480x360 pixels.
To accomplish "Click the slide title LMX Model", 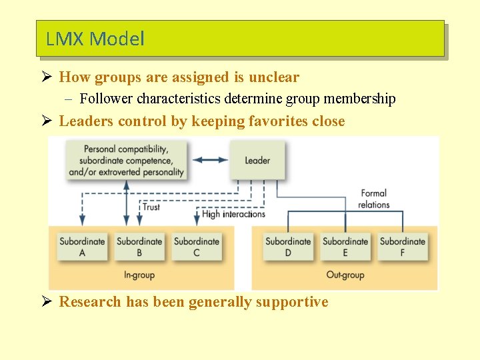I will pyautogui.click(x=95, y=39).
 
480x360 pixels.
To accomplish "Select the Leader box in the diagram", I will pyautogui.click(x=257, y=160).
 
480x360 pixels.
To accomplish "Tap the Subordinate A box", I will pyautogui.click(x=82, y=246).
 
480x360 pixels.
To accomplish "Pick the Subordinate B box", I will pyautogui.click(x=139, y=246).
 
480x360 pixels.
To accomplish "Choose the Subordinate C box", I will pyautogui.click(x=196, y=246).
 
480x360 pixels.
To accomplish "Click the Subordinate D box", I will pyautogui.click(x=288, y=246).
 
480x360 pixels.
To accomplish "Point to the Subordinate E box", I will pyautogui.click(x=345, y=246).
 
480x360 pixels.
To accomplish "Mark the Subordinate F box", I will pyautogui.click(x=403, y=246).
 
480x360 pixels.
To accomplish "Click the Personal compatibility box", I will pyautogui.click(x=126, y=160).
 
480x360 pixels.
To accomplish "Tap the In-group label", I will pyautogui.click(x=139, y=275).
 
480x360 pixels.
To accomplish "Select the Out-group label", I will pyautogui.click(x=345, y=275).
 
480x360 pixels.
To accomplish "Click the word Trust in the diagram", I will pyautogui.click(x=151, y=207).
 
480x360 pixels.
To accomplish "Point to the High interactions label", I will pyautogui.click(x=233, y=214).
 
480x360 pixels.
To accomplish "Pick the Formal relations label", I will pyautogui.click(x=373, y=199).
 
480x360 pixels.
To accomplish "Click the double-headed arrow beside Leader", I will pyautogui.click(x=210, y=160).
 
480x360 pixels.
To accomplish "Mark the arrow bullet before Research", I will pyautogui.click(x=47, y=302).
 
